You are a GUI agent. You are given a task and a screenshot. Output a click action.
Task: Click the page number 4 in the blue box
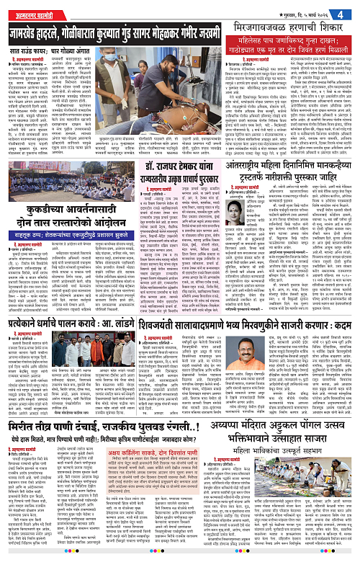pyautogui.click(x=350, y=10)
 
